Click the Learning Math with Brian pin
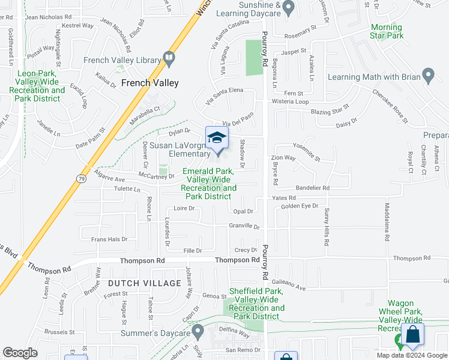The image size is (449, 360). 428,76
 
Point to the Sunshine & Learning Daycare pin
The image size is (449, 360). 288,8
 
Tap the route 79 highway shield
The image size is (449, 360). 80,178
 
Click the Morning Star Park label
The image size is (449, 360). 387,31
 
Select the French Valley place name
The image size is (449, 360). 150,83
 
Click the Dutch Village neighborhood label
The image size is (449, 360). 145,283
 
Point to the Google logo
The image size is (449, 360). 20,353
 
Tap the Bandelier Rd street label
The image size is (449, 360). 312,188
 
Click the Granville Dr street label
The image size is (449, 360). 244,226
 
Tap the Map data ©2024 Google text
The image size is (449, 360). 411,355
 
